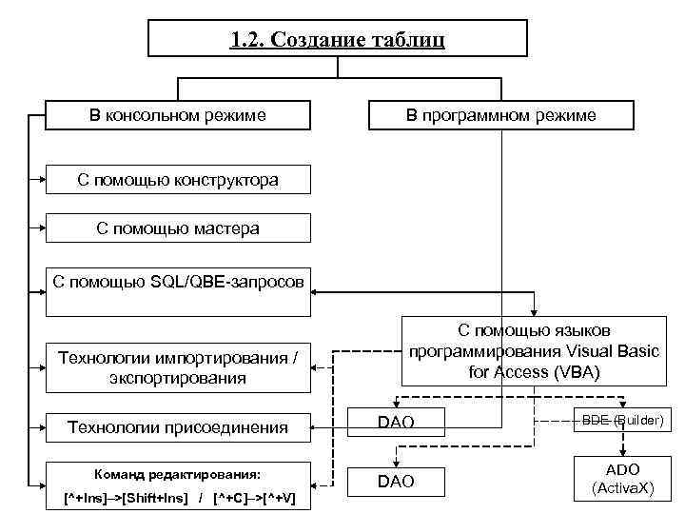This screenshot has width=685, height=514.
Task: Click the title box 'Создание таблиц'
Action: [x=338, y=40]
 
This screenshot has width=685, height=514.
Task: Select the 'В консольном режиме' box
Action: [x=178, y=115]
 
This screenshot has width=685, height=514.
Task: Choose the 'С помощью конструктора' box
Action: [x=178, y=179]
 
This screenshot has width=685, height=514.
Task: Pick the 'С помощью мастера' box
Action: [x=178, y=228]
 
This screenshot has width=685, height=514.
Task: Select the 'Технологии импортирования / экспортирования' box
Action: [x=178, y=368]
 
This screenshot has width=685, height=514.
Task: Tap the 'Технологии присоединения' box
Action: [x=178, y=427]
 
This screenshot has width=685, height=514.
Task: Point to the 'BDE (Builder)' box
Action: [x=622, y=420]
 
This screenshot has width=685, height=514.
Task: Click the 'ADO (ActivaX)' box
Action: [x=622, y=479]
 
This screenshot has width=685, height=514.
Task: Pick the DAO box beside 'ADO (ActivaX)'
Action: [x=396, y=482]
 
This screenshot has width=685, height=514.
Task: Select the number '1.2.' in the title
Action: [x=248, y=40]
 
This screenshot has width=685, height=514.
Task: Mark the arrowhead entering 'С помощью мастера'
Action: [x=42, y=228]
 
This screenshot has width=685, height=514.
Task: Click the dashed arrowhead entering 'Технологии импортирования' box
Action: [x=317, y=368]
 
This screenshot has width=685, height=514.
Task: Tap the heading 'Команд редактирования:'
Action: [x=178, y=474]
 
